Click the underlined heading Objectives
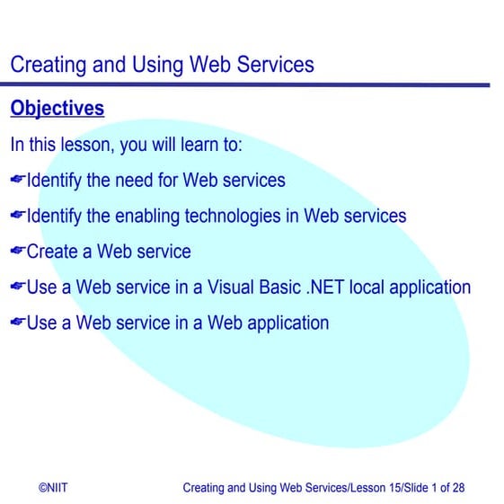click(x=57, y=109)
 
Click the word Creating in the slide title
click(x=47, y=65)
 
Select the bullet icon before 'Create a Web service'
click(x=17, y=252)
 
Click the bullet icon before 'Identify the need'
click(x=17, y=181)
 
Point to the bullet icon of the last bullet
click(x=17, y=323)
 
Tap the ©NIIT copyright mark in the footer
click(x=52, y=488)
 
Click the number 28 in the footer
click(x=457, y=488)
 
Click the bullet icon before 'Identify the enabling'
click(x=17, y=217)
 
